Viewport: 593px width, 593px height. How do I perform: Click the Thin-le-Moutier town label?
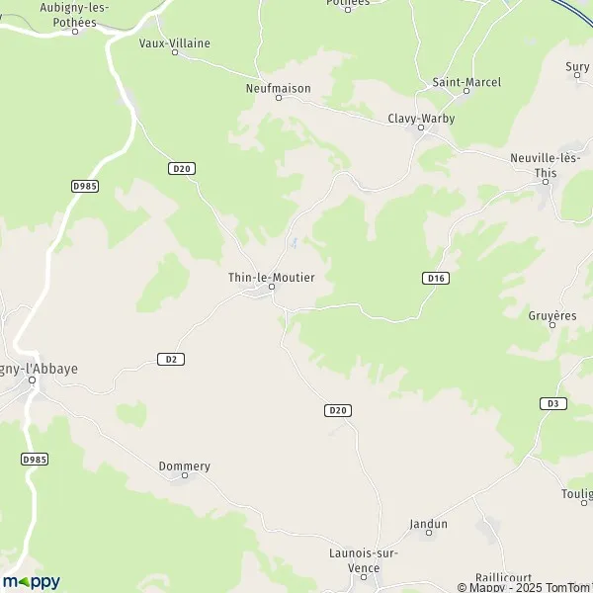coord(265,278)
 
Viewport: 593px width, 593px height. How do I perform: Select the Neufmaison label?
coord(271,88)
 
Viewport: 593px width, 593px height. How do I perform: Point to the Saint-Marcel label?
coord(467,82)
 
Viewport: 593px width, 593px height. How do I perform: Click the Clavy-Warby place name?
coord(421,118)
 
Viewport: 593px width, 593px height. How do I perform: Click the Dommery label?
coord(185,466)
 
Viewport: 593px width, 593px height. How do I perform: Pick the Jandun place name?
coord(428,524)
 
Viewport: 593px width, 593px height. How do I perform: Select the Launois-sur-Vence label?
coord(363,559)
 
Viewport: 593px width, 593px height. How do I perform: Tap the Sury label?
coord(577,67)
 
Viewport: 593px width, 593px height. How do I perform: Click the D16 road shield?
coord(436,279)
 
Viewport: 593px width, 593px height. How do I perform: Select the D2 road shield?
coord(171,359)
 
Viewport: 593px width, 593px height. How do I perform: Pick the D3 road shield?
coord(551,403)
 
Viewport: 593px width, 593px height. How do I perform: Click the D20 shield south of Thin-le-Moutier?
coord(338,409)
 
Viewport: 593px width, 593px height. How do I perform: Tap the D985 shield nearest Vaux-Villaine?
coord(85,185)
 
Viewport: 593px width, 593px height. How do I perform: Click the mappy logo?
coord(31,581)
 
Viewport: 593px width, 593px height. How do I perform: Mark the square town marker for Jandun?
coord(428,535)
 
